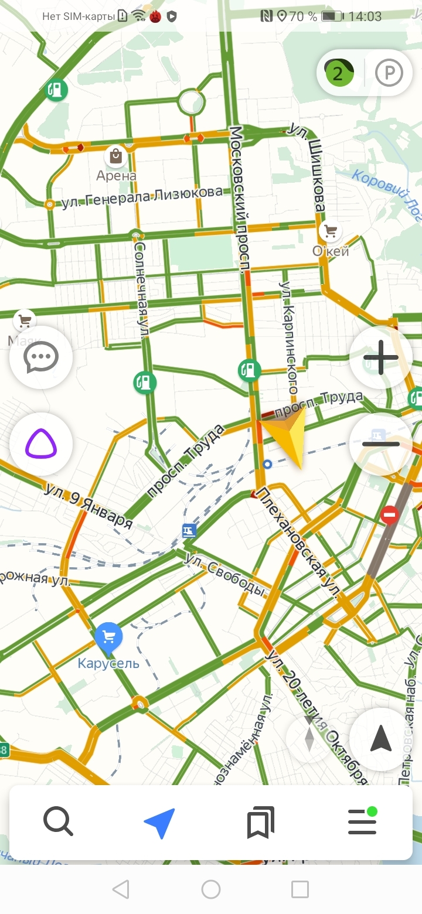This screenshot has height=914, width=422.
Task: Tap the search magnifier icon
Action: [58, 822]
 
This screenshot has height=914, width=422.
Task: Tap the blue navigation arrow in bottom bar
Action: [159, 823]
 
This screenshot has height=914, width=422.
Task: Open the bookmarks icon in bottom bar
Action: [261, 823]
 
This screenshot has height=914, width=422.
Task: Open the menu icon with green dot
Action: [362, 822]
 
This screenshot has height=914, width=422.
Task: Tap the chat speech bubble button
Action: [41, 357]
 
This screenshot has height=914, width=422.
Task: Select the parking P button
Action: [389, 73]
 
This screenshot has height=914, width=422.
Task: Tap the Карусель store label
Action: [108, 663]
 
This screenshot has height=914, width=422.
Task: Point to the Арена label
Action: [116, 175]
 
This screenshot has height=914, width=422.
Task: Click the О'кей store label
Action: [331, 251]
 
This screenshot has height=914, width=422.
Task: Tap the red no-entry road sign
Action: [389, 516]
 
